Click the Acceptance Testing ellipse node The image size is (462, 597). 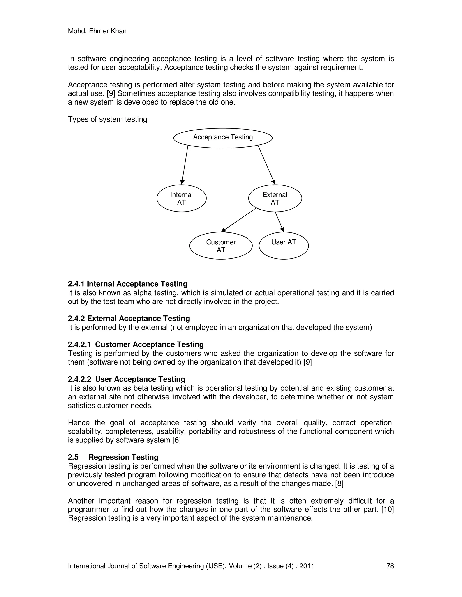[x=223, y=138]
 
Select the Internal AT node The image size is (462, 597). [x=181, y=198]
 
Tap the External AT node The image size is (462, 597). [x=275, y=198]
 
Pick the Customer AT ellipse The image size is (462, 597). [x=221, y=246]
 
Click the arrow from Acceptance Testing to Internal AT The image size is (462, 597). [x=185, y=165]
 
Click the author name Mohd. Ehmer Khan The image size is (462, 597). [x=97, y=31]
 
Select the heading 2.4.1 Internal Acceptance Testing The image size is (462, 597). [x=127, y=284]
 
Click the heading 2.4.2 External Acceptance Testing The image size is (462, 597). [x=129, y=319]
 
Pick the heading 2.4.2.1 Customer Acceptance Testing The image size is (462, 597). [x=136, y=344]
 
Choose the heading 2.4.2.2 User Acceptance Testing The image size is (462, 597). [x=127, y=379]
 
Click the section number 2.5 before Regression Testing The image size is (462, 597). [x=73, y=457]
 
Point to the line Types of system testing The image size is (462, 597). [x=108, y=119]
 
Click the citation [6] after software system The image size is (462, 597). [x=177, y=440]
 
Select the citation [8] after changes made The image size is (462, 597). [x=339, y=483]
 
